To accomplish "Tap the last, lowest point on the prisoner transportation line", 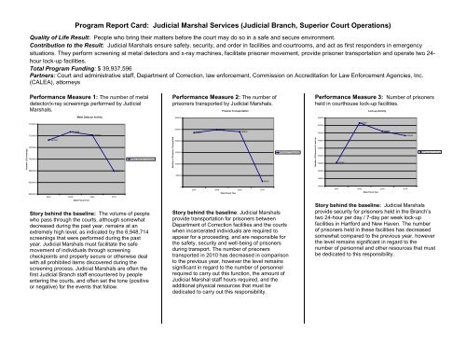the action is tap(266, 180).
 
